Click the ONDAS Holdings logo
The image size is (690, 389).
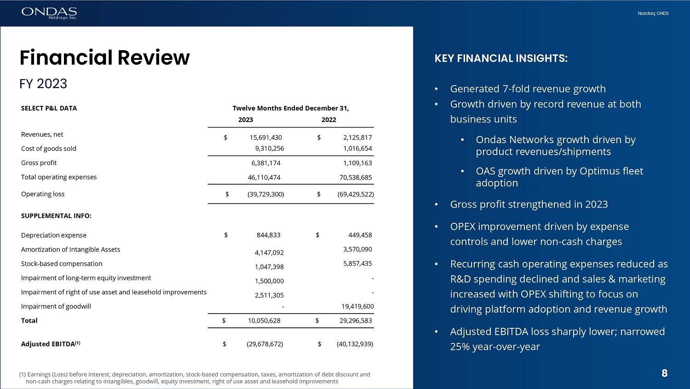49,13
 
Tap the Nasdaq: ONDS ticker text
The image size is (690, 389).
653,13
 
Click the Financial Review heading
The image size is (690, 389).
104,58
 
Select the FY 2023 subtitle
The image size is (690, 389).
43,84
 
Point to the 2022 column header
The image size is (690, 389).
328,120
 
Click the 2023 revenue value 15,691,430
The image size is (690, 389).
265,138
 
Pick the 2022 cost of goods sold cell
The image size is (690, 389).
357,149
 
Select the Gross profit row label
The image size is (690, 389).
39,163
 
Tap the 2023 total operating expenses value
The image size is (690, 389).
264,178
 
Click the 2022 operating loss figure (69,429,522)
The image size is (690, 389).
355,194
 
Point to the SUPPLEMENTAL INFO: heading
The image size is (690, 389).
56,216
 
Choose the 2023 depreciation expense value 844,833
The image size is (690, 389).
268,235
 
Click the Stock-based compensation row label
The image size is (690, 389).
62,264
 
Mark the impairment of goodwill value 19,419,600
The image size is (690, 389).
357,307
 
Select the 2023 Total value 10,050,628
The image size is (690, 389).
264,321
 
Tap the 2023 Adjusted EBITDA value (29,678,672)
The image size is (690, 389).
265,344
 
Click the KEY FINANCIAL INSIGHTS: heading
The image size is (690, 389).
501,58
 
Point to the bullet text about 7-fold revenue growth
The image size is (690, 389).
528,89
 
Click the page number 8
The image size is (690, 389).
664,373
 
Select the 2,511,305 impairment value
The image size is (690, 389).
269,296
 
